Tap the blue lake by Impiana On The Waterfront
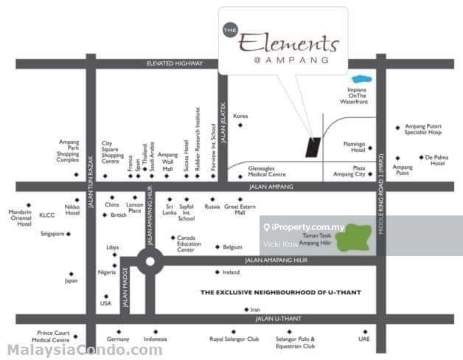pos(361,78)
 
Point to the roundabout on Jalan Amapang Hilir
pos(150,260)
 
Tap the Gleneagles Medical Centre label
pos(267,170)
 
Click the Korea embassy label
pos(240,116)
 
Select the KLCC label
pos(47,215)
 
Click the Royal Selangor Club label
pos(234,339)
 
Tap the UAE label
pos(363,339)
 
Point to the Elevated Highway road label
pos(174,63)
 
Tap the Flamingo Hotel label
pos(354,147)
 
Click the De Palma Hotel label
pos(434,160)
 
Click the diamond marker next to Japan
pos(72,273)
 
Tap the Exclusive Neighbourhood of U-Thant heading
pos(281,292)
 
